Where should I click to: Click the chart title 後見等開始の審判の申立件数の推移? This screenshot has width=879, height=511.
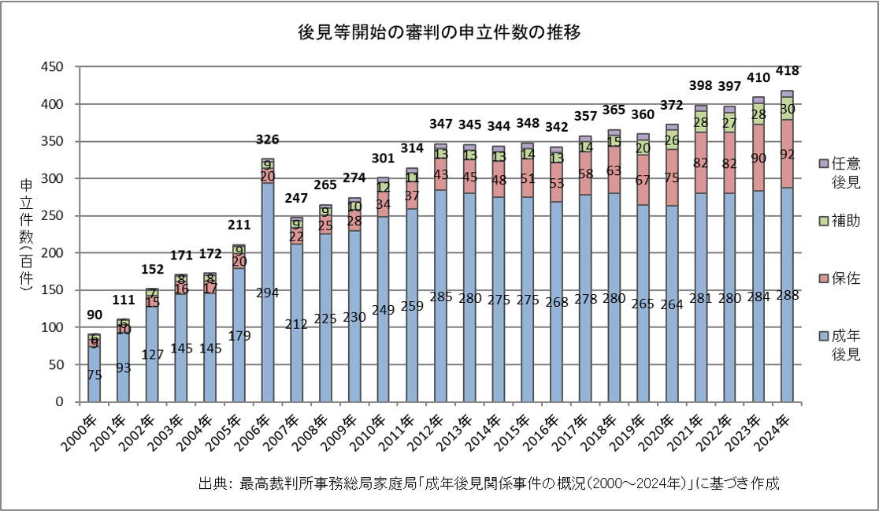439,33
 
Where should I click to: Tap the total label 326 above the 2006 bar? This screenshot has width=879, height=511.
268,140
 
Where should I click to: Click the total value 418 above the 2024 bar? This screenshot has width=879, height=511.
787,71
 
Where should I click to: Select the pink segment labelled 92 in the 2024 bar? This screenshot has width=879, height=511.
787,155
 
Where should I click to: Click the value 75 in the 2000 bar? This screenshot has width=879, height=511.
95,375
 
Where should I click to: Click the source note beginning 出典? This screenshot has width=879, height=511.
489,483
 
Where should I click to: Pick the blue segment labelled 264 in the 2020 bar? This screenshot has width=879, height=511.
671,304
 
